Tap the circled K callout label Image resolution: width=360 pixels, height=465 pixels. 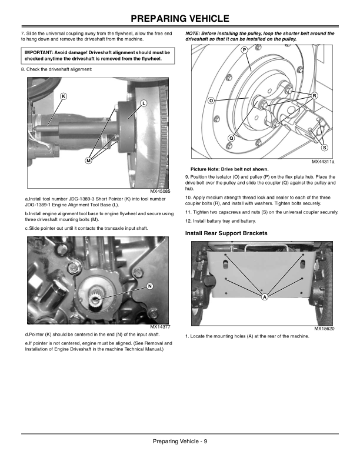pos(64,96)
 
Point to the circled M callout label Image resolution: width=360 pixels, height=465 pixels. pos(88,160)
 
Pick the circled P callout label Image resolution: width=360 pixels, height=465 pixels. pos(244,51)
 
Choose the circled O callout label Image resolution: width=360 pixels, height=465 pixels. pos(211,101)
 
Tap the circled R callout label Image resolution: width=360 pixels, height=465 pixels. pos(314,95)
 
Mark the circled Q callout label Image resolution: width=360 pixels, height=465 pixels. pos(231,138)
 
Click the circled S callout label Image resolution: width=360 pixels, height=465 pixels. pos(325,147)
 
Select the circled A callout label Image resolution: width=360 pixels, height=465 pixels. pos(264,296)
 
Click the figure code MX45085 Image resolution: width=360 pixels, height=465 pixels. pos(160,191)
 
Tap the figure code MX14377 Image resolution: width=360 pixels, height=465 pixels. pos(160,327)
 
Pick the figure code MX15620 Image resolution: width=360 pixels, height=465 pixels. pos(324,328)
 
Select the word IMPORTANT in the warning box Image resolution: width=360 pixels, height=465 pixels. pos(38,52)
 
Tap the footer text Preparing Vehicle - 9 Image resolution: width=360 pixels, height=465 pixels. pos(179,441)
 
